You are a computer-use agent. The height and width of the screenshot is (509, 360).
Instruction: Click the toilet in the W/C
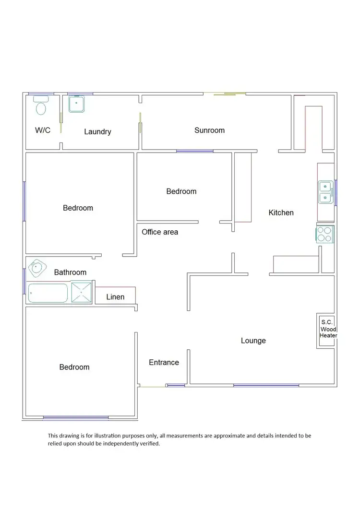pyautogui.click(x=41, y=107)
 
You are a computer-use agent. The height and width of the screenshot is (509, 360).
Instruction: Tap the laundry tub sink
pyautogui.click(x=76, y=104)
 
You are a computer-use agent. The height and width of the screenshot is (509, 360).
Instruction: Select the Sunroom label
pyautogui.click(x=209, y=130)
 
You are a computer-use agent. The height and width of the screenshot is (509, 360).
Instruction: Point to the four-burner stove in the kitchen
pyautogui.click(x=325, y=234)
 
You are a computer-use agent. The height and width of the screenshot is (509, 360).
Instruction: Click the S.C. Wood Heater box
pyautogui.click(x=328, y=329)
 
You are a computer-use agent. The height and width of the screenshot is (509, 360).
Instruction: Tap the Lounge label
pyautogui.click(x=253, y=341)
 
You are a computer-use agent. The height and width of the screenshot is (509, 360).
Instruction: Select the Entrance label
pyautogui.click(x=164, y=362)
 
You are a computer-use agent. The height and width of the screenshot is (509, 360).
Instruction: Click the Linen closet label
pyautogui.click(x=115, y=297)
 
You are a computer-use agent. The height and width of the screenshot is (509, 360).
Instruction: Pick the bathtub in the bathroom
pyautogui.click(x=48, y=293)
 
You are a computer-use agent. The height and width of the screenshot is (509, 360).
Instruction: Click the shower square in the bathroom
pyautogui.click(x=82, y=292)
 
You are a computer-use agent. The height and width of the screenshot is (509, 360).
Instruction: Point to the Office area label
pyautogui.click(x=160, y=232)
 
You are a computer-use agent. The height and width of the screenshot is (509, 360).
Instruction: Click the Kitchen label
pyautogui.click(x=281, y=213)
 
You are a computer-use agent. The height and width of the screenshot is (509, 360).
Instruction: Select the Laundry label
pyautogui.click(x=97, y=131)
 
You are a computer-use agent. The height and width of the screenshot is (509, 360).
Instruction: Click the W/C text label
pyautogui.click(x=43, y=130)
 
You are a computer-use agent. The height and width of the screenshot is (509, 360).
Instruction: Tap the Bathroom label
pyautogui.click(x=70, y=272)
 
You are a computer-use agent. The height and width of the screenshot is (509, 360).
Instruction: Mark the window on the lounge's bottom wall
pyautogui.click(x=266, y=385)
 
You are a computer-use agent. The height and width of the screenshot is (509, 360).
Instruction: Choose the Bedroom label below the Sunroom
pyautogui.click(x=181, y=191)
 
